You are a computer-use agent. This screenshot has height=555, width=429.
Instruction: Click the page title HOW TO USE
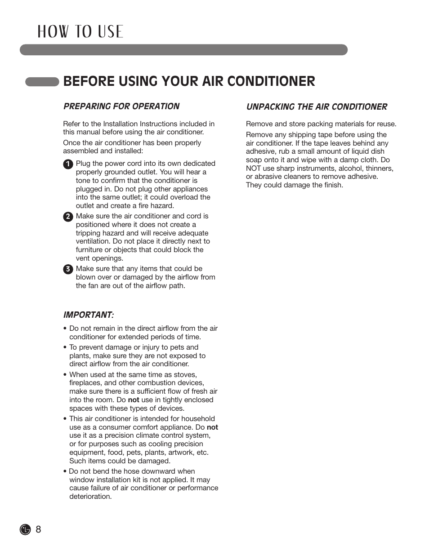[x=80, y=31]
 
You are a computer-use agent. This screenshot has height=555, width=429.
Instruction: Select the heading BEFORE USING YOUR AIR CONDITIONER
[x=189, y=81]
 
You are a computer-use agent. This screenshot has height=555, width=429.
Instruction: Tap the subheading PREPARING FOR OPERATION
[x=121, y=107]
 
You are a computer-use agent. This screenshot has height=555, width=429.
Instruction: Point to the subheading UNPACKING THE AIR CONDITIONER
[x=317, y=107]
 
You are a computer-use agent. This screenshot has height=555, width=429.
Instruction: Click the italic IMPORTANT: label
[x=89, y=315]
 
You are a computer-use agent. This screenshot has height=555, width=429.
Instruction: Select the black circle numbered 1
[x=68, y=164]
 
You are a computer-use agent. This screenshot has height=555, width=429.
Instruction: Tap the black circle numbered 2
[x=68, y=217]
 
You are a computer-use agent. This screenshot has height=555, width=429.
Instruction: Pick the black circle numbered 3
[x=68, y=269]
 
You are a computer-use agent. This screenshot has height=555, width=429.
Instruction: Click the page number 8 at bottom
[x=38, y=529]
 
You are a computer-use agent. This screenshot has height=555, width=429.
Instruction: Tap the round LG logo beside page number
[x=25, y=529]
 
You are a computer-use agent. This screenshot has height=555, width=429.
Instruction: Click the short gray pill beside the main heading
[x=42, y=81]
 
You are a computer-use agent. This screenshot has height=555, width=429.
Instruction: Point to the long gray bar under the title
[x=183, y=50]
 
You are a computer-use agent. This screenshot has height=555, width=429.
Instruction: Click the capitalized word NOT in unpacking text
[x=253, y=169]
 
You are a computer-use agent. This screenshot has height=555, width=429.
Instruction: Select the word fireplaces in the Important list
[x=85, y=383]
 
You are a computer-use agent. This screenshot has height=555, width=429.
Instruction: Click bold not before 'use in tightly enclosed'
[x=134, y=400]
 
